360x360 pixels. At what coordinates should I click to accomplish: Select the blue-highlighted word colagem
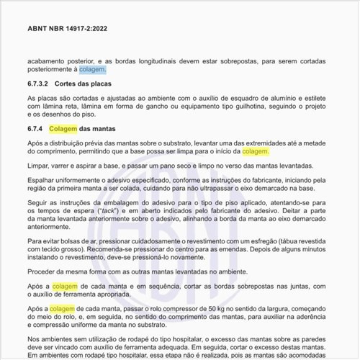[x=92, y=70]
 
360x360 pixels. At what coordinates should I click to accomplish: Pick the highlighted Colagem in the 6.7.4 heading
[x=63, y=130]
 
